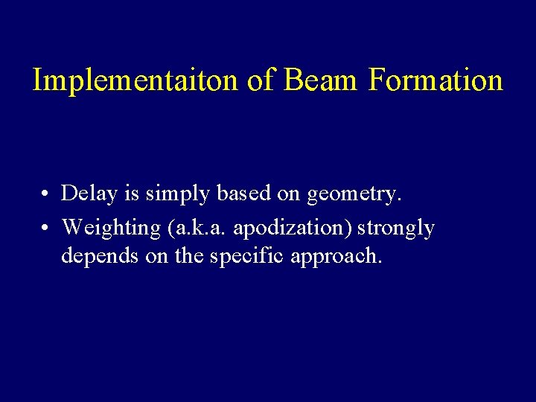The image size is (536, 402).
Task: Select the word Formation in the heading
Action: pyautogui.click(x=435, y=80)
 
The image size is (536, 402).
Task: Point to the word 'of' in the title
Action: pyautogui.click(x=261, y=80)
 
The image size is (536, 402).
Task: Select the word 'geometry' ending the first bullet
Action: pyautogui.click(x=354, y=195)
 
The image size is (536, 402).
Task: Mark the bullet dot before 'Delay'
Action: pyautogui.click(x=45, y=195)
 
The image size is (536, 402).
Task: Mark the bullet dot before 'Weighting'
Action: pyautogui.click(x=45, y=228)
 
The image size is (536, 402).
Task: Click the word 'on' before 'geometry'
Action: pyautogui.click(x=291, y=195)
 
